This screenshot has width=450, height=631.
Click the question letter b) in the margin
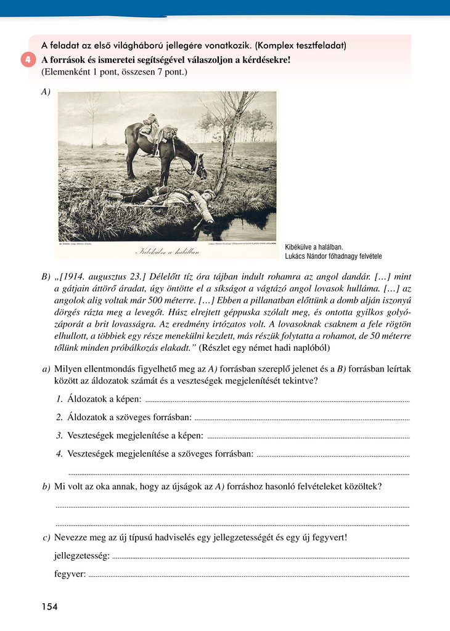pyautogui.click(x=46, y=487)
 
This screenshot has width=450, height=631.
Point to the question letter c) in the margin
pyautogui.click(x=46, y=537)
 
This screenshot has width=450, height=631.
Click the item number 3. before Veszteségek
pyautogui.click(x=60, y=436)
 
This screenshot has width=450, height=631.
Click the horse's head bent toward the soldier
pyautogui.click(x=200, y=165)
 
